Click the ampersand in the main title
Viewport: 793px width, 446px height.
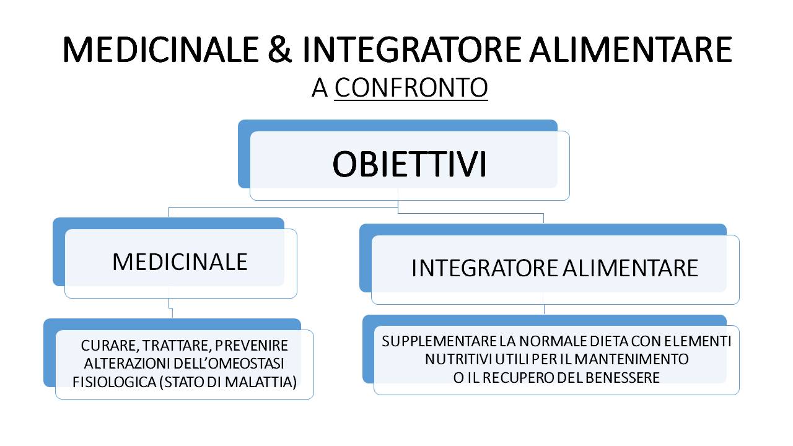(x=279, y=50)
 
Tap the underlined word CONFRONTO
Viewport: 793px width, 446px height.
(x=411, y=88)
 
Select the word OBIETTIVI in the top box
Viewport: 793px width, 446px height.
(x=410, y=164)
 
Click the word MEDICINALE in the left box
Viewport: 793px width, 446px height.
(x=180, y=262)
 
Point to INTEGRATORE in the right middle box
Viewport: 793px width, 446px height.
(x=485, y=268)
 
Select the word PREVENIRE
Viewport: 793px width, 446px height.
(x=252, y=346)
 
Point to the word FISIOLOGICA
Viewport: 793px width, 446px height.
(x=115, y=382)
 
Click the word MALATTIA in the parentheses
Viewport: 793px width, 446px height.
(x=259, y=382)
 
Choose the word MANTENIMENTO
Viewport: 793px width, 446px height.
(x=631, y=359)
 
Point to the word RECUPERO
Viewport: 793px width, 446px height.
(x=519, y=378)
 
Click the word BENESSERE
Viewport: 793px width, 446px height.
(x=623, y=378)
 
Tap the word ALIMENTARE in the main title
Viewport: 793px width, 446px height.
(x=631, y=50)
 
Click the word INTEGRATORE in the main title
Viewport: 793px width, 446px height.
(x=412, y=50)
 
